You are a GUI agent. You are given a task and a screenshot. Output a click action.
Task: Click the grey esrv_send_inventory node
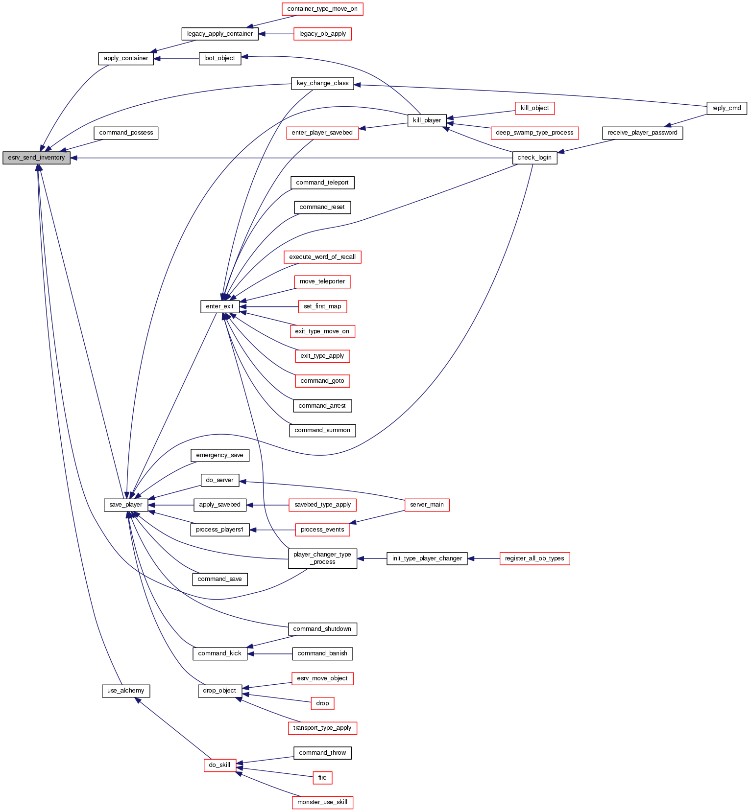click(x=36, y=158)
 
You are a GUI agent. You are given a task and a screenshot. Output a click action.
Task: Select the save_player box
click(x=126, y=505)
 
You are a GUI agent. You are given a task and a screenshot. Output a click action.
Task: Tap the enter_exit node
click(x=219, y=306)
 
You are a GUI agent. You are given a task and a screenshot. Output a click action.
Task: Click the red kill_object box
click(x=534, y=108)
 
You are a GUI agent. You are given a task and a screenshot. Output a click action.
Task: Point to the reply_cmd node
click(x=726, y=108)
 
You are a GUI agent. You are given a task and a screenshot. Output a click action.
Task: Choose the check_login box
click(x=534, y=158)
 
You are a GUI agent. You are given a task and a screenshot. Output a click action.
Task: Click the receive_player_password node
click(x=642, y=133)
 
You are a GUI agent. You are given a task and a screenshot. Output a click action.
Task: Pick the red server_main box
click(x=427, y=505)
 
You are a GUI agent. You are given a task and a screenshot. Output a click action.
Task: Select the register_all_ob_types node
click(x=534, y=558)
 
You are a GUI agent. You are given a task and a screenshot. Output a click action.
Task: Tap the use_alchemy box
click(x=125, y=691)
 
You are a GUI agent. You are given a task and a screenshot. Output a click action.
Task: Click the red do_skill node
click(x=219, y=765)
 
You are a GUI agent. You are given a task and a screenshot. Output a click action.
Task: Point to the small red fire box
click(x=322, y=778)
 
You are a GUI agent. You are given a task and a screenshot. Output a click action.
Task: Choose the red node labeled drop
click(x=322, y=703)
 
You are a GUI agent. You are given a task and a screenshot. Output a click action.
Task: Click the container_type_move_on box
click(x=322, y=9)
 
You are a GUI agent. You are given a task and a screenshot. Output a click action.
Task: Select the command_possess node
click(x=126, y=133)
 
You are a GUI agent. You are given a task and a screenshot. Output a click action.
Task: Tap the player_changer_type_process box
click(x=322, y=558)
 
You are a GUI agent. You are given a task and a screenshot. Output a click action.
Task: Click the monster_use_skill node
click(x=322, y=802)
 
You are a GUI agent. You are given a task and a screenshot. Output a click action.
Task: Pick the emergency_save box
click(x=219, y=455)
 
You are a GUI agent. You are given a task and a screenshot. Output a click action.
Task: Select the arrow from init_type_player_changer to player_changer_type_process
click(x=372, y=558)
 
